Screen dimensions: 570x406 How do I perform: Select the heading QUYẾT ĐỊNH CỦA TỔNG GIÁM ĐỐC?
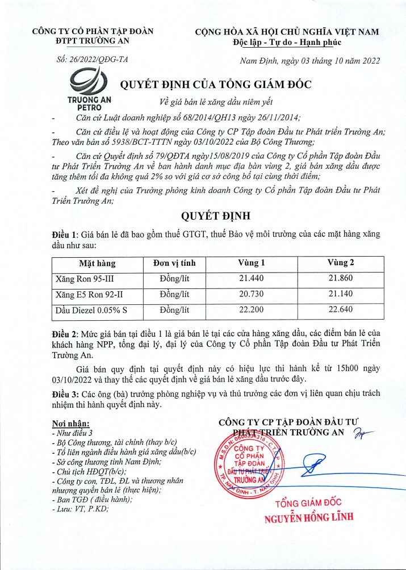pos(216,85)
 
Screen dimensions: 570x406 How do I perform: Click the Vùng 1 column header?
pos(252,263)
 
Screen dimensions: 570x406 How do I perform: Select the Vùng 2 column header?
pos(341,263)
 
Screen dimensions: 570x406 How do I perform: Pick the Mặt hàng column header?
pos(97,263)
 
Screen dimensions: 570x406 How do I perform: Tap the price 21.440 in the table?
pos(252,279)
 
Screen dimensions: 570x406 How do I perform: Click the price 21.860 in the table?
pos(341,279)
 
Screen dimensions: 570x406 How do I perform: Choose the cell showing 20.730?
pos(252,294)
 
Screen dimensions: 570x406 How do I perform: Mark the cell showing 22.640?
pos(341,309)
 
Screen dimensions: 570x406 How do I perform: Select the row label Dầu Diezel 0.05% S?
pos(91,309)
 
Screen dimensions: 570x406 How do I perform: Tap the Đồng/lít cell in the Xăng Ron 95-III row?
pos(174,279)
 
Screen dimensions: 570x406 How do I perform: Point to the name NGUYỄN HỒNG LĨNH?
pos(309,517)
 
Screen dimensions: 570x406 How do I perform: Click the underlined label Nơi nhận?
pos(70,424)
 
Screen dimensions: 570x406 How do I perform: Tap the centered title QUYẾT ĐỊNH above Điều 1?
pos(215,217)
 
